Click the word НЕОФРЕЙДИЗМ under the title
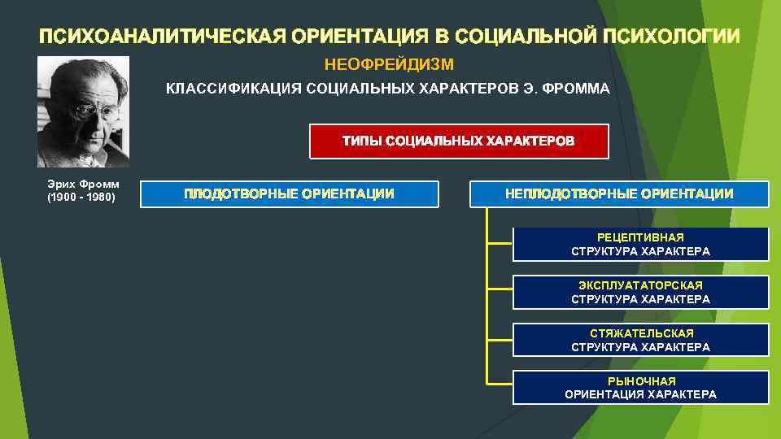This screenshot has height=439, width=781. [389, 64]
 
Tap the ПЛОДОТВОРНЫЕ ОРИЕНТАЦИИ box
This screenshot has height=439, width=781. [289, 193]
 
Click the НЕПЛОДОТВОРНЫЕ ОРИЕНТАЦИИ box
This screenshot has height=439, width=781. [619, 193]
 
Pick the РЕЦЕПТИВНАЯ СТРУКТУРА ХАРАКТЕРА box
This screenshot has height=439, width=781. [640, 244]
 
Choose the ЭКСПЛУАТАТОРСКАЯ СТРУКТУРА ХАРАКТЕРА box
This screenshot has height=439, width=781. [640, 293]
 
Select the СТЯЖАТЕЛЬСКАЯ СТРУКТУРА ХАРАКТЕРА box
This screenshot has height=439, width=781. [640, 340]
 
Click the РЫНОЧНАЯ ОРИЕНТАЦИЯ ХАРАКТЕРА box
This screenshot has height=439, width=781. [640, 388]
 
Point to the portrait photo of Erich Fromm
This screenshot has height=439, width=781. [82, 111]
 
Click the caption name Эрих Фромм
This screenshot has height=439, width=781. [83, 185]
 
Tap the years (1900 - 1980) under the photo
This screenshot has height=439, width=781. [81, 197]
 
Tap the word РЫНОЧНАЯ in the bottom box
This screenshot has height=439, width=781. [641, 380]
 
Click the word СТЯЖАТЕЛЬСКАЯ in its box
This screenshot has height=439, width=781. [641, 333]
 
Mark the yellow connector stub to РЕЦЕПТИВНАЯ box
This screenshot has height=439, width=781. [500, 241]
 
